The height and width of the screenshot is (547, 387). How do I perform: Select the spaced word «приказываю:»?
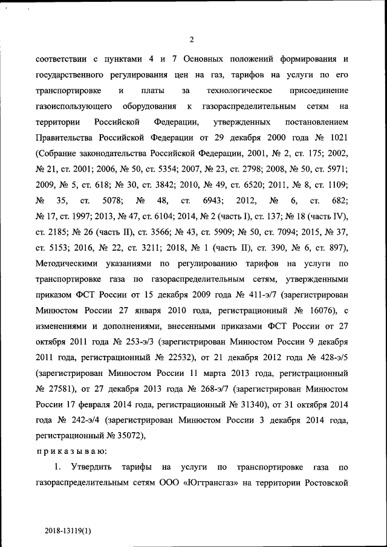[71, 451]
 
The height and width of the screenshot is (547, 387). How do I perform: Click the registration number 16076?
[318, 310]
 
